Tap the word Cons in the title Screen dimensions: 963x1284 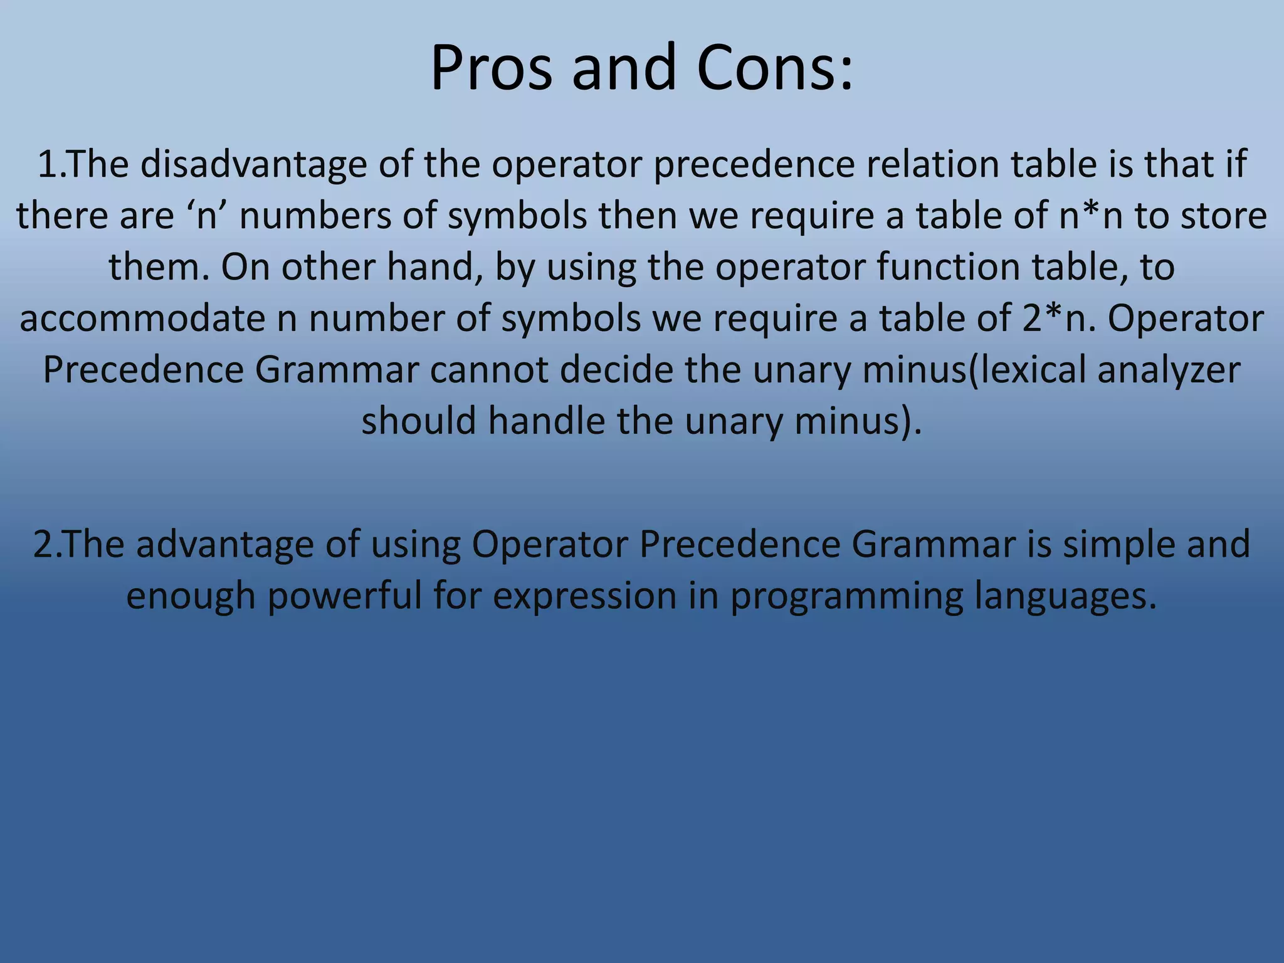point(774,68)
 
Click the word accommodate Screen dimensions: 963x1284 point(142,318)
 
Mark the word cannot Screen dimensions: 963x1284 point(488,370)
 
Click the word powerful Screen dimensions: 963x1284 point(344,596)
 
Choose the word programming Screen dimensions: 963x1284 point(846,596)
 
